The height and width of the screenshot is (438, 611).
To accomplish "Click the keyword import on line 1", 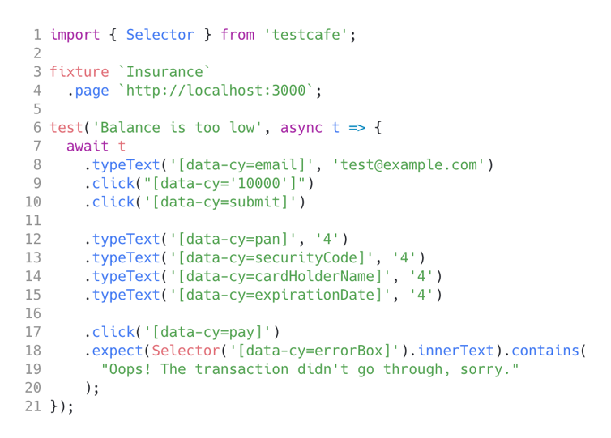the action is (75, 35).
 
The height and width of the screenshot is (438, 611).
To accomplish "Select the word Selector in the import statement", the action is (160, 35).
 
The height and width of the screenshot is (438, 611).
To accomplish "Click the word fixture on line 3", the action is (79, 71).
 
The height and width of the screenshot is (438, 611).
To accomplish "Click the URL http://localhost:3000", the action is (216, 91).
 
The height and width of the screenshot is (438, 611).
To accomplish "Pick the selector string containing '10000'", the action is (211, 184).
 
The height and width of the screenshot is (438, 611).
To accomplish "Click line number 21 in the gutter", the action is (32, 406).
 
